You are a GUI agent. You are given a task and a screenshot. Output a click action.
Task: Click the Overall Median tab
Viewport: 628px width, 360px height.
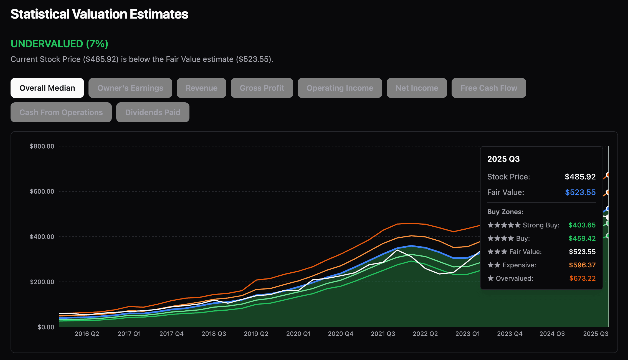click(47, 88)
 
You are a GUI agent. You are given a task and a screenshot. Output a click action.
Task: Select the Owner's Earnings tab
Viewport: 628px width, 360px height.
click(130, 88)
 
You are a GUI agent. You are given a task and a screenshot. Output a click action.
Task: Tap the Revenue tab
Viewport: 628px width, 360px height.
click(201, 88)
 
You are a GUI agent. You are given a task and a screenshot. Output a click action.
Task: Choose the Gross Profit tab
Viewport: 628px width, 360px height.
click(262, 88)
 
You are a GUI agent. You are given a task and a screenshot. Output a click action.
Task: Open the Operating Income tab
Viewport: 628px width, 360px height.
click(340, 88)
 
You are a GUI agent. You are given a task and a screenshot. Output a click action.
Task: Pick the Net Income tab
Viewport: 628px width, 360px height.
click(417, 88)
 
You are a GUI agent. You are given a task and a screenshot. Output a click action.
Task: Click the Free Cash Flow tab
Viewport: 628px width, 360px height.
click(489, 88)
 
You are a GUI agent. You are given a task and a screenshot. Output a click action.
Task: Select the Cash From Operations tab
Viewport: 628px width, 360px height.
click(61, 112)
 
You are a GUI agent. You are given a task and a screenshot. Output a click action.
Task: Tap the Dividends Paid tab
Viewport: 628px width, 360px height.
click(153, 112)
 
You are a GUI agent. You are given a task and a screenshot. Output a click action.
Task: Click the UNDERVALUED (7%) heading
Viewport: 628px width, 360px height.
click(59, 44)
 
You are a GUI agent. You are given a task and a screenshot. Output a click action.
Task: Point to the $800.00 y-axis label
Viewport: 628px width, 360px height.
click(42, 146)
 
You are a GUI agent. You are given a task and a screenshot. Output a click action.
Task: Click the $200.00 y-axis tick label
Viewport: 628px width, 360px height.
click(42, 282)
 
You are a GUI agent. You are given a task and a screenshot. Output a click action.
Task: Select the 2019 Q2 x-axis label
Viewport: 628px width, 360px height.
click(256, 334)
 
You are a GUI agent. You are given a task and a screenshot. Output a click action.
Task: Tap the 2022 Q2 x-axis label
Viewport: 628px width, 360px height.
click(425, 334)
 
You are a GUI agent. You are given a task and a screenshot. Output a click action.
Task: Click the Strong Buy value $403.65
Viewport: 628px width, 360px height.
click(582, 225)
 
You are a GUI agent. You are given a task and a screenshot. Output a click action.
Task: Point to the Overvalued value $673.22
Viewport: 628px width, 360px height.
click(582, 278)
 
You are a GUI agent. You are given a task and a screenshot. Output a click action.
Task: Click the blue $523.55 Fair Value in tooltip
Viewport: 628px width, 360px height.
click(580, 192)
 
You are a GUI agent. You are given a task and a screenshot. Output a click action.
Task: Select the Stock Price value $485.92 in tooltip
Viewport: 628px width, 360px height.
click(580, 177)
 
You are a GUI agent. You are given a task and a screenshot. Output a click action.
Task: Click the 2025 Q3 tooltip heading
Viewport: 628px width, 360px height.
click(503, 159)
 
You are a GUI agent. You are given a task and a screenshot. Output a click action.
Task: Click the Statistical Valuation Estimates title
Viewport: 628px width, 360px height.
click(99, 14)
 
